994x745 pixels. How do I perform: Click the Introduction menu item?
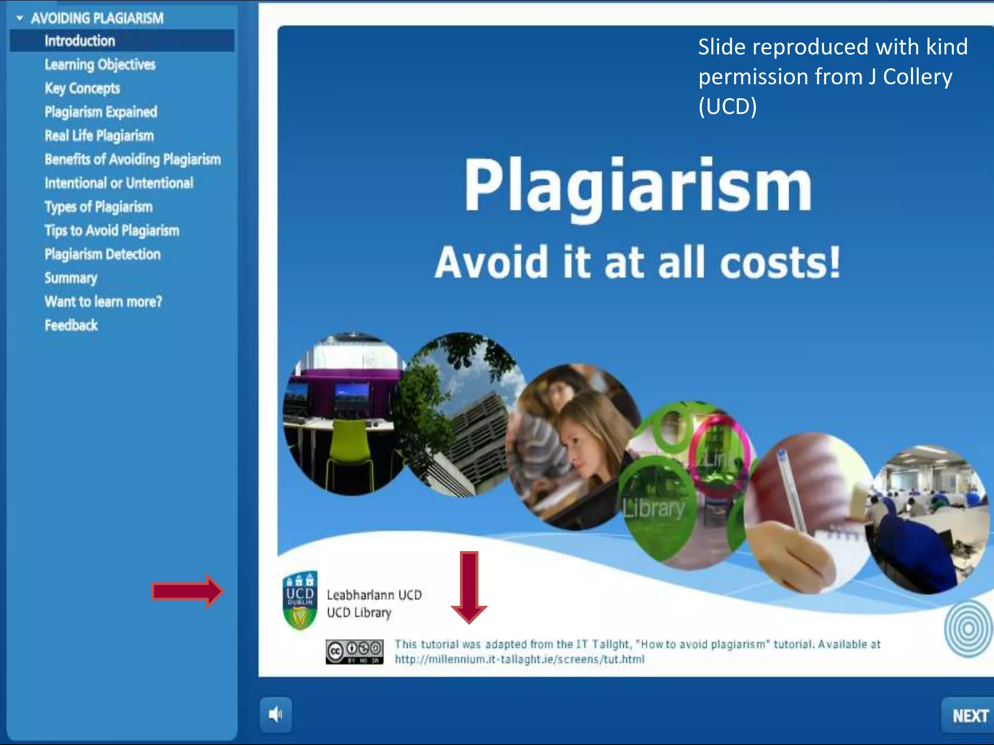[80, 41]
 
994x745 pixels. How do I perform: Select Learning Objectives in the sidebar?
[100, 65]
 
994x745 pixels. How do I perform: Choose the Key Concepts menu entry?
[82, 88]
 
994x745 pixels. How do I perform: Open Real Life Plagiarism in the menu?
[99, 136]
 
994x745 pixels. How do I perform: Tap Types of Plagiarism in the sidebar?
[99, 207]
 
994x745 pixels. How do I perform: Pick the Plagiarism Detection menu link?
[102, 254]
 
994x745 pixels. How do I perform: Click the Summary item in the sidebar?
[71, 278]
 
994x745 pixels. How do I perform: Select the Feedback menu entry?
[71, 325]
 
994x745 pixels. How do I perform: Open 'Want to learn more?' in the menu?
[103, 302]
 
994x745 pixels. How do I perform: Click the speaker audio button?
[275, 714]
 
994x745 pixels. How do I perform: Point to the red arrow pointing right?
[187, 591]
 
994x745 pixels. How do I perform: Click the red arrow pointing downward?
[469, 587]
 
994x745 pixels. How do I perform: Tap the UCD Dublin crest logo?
[300, 600]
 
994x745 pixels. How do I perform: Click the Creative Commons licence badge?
[354, 651]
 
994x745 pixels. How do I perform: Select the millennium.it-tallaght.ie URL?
[519, 659]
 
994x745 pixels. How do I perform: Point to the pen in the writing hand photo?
[791, 490]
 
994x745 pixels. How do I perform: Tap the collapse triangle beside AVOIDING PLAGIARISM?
[20, 18]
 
